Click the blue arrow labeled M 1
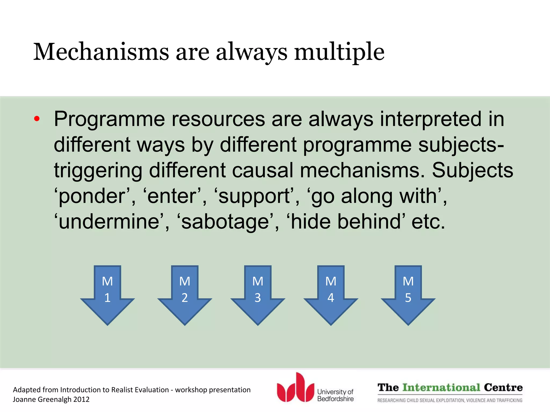pos(107,295)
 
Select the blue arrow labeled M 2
pos(185,295)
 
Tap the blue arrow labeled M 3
pos(258,295)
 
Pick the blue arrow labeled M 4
pos(331,295)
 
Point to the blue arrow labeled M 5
pos(408,295)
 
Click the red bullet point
pos(37,119)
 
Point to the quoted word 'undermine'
pos(110,222)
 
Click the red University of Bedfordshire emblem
pos(295,387)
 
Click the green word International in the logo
pos(442,388)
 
